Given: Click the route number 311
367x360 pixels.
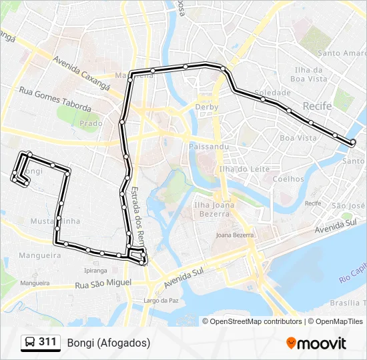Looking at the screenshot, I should tap(47, 342).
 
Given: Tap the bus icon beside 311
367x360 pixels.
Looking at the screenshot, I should tap(30, 343).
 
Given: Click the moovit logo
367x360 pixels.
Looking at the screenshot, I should tap(316, 343).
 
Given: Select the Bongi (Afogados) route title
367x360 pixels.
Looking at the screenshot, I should tap(109, 343).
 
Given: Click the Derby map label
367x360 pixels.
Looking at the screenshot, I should tap(207, 107).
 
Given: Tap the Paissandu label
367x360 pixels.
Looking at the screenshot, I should tap(209, 146).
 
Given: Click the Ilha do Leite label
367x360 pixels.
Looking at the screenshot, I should tap(244, 169).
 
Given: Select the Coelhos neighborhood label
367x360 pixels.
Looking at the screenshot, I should tap(288, 179).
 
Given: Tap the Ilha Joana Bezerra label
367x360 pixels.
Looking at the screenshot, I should tap(212, 209).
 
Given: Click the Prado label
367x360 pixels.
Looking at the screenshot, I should tap(91, 123).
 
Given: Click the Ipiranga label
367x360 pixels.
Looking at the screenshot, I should tap(95, 271).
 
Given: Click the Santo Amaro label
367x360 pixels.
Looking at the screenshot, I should tap(341, 53).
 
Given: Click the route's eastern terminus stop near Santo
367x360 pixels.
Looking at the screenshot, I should tap(353, 141).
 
